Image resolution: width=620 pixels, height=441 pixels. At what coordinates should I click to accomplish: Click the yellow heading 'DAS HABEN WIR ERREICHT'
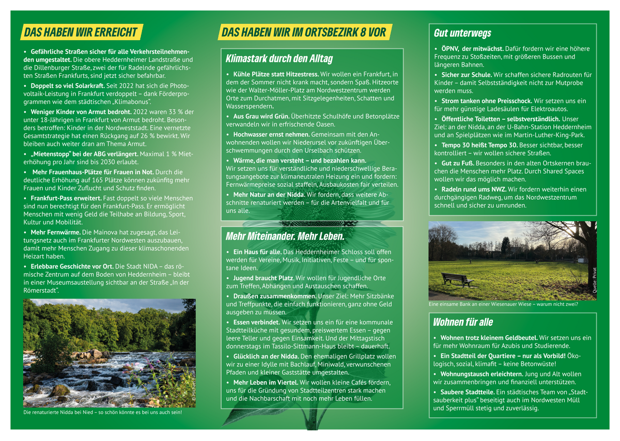[81, 32]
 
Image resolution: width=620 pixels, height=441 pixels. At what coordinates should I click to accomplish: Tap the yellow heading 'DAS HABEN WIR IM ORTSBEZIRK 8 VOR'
[304, 33]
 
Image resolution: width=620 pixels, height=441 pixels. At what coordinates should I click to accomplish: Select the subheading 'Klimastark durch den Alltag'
[280, 58]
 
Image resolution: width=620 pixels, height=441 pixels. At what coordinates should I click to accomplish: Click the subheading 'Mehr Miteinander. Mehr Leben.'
[285, 237]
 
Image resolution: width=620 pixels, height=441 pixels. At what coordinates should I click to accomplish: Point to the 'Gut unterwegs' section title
[462, 34]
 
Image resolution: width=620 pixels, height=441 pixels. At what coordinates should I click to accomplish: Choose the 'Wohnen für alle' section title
[463, 322]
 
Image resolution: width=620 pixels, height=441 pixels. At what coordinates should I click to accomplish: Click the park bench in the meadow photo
[458, 279]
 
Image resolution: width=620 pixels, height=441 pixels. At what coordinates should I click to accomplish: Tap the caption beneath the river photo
[103, 413]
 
